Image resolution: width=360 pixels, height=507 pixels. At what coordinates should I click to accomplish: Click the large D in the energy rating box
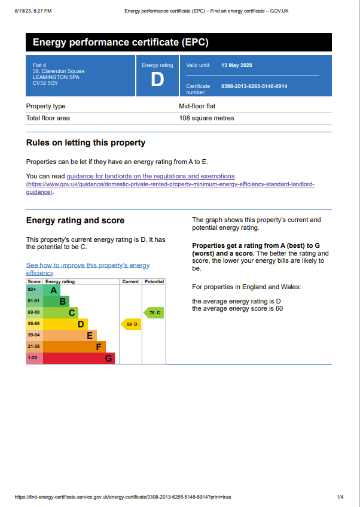tap(157, 80)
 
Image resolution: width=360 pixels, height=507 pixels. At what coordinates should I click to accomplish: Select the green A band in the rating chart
tap(52, 290)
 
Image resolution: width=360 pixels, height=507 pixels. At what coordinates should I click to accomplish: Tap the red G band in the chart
tap(78, 359)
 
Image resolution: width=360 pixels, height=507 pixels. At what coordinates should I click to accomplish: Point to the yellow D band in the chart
tap(66, 324)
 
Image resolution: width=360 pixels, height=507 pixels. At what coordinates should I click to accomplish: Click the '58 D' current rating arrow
tap(132, 324)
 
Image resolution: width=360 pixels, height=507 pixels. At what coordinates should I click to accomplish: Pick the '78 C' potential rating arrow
tap(154, 312)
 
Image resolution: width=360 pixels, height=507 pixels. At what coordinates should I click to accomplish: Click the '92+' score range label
tap(32, 290)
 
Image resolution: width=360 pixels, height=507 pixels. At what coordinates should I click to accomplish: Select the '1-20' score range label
tap(33, 358)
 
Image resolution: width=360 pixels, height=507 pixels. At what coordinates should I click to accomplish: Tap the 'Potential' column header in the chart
tap(154, 281)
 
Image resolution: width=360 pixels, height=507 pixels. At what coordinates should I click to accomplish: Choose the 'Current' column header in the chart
tap(130, 281)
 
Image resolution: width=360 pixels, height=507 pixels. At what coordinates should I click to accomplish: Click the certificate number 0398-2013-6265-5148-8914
tap(254, 86)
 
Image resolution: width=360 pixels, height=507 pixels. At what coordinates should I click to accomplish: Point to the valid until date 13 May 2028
tap(237, 65)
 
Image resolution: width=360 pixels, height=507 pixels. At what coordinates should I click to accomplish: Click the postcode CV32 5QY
tap(45, 83)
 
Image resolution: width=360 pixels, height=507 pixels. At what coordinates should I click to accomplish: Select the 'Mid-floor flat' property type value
tap(197, 106)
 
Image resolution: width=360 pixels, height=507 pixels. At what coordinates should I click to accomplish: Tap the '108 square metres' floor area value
tap(206, 118)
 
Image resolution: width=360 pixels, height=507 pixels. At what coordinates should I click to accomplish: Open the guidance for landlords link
tap(151, 176)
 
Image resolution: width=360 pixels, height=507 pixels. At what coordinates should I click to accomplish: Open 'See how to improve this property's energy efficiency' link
tap(88, 265)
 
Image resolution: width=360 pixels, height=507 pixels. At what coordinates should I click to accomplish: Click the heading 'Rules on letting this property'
tap(86, 142)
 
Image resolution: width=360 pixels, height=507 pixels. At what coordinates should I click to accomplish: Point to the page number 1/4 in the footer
tap(340, 497)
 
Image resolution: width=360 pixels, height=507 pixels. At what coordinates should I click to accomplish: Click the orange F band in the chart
tap(74, 347)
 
